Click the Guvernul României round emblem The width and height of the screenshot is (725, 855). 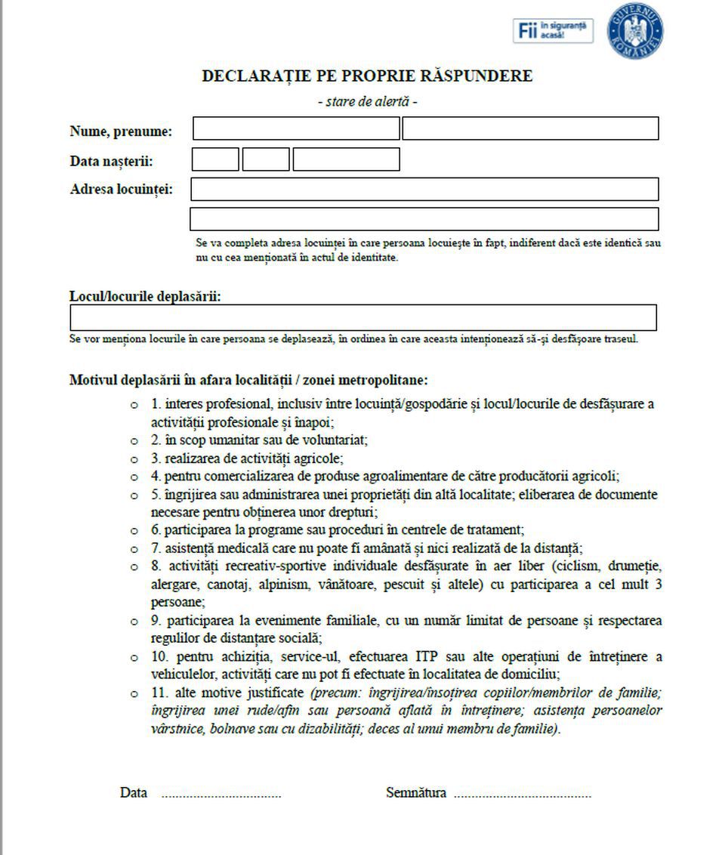(x=635, y=31)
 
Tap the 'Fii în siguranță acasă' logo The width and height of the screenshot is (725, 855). (x=553, y=31)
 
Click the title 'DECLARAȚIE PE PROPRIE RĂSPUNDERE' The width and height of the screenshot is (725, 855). (x=367, y=76)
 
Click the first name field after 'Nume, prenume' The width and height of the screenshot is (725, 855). (x=295, y=129)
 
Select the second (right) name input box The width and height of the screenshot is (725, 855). (x=530, y=129)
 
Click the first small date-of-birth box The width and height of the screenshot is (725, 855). (x=215, y=159)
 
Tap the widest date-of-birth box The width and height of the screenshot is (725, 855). (x=346, y=159)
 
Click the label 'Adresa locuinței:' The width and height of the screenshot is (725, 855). (x=121, y=189)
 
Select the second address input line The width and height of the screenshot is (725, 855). (x=424, y=219)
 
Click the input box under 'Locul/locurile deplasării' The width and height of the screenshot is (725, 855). (x=363, y=317)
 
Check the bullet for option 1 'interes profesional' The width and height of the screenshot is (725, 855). (x=134, y=406)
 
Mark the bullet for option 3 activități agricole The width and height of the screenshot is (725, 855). (x=134, y=459)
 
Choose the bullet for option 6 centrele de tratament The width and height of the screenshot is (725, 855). (x=134, y=531)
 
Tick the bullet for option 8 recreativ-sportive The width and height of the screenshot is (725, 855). (x=134, y=567)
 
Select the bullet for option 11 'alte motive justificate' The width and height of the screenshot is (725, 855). (x=134, y=693)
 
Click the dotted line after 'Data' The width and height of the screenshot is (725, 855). (x=221, y=795)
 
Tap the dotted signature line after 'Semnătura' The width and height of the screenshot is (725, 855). (x=522, y=795)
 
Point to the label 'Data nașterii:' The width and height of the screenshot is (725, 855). (x=111, y=161)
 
